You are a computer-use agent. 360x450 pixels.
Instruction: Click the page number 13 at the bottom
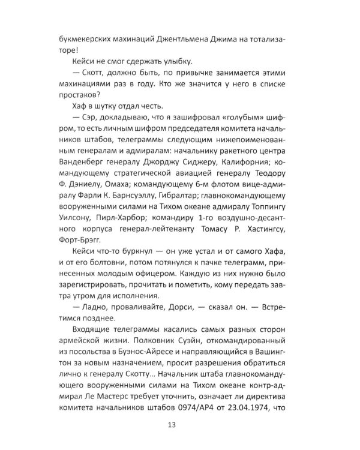click(x=180, y=427)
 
